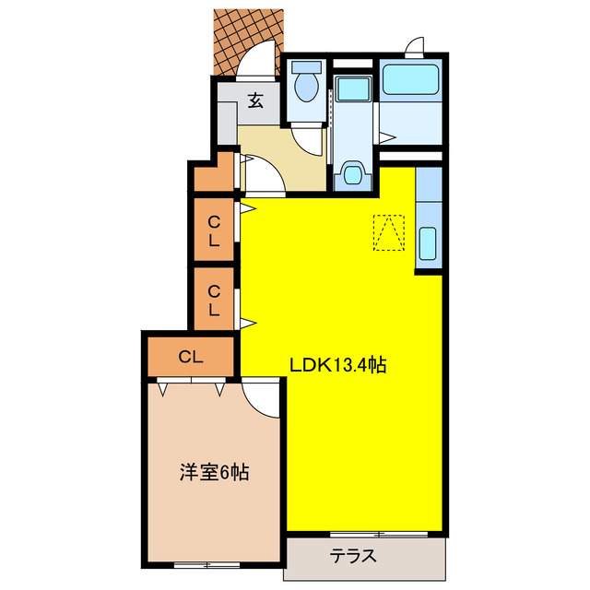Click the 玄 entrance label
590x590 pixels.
click(257, 101)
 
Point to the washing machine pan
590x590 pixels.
click(350, 89)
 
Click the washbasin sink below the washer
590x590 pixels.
click(350, 174)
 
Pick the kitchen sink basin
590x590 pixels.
click(430, 244)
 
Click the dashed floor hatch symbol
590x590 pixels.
click(388, 232)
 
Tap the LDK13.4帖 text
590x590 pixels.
click(337, 365)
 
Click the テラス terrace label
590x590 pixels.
click(354, 556)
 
